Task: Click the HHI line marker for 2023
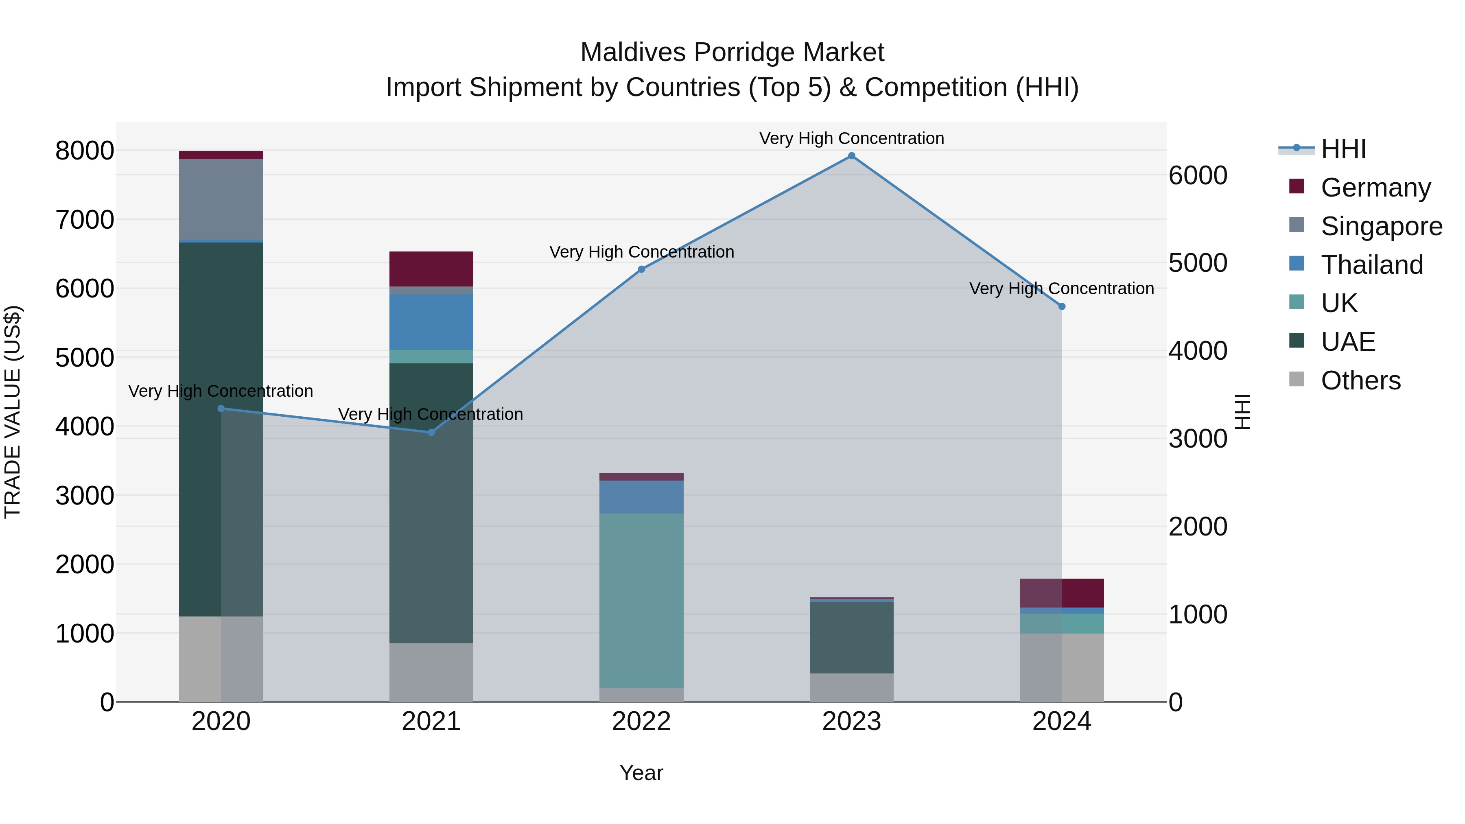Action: point(851,156)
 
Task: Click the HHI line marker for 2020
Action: point(221,408)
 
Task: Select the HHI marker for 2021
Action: point(431,432)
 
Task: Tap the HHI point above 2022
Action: point(641,269)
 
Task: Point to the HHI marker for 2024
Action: point(1062,306)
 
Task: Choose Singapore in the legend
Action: point(1382,226)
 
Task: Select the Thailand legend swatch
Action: point(1296,264)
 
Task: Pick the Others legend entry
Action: point(1360,380)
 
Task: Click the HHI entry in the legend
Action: point(1343,149)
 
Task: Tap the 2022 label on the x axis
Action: point(641,721)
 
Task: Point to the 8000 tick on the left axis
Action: point(85,151)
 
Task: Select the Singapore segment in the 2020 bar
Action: point(221,200)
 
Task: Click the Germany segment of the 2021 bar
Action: point(431,269)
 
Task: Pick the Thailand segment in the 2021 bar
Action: point(431,322)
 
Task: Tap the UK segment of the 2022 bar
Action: point(641,601)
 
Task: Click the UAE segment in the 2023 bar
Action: point(851,638)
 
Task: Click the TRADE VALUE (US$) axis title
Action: point(13,412)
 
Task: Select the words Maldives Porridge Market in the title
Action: point(732,52)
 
